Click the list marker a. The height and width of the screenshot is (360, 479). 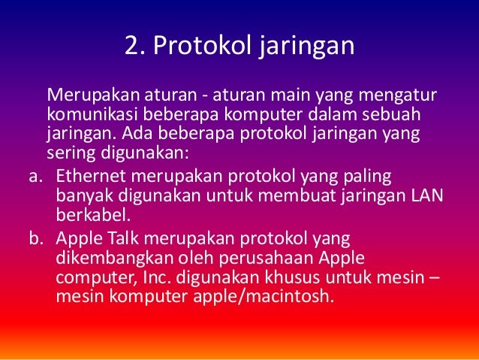[x=29, y=177]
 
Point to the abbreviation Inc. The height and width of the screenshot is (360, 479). [x=140, y=277]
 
